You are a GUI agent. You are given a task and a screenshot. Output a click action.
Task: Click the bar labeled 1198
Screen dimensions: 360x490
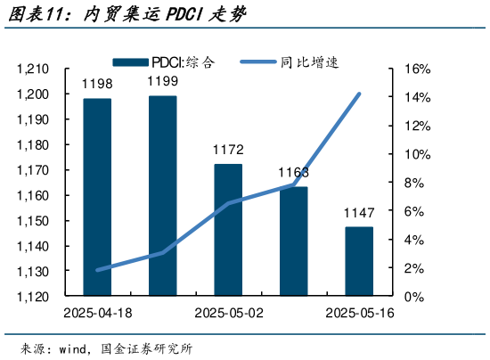[97, 196]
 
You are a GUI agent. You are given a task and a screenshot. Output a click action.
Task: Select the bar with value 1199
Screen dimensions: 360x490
[163, 195]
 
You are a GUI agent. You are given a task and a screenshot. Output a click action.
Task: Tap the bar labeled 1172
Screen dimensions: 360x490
[228, 229]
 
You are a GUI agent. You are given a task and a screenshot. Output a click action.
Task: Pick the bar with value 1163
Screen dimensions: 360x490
[294, 241]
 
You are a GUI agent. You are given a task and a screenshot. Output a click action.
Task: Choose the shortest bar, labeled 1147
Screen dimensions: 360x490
[359, 261]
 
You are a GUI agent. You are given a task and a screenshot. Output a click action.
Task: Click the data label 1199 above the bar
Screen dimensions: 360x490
[163, 83]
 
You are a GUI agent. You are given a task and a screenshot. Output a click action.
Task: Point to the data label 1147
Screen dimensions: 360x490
[360, 214]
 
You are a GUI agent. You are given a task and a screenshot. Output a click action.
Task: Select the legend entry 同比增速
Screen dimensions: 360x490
[294, 62]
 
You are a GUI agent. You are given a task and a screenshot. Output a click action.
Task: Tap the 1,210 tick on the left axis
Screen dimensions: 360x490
[33, 70]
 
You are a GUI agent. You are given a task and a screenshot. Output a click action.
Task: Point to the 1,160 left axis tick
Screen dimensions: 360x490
[33, 195]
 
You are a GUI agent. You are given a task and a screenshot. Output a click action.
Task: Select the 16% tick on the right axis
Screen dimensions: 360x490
[418, 70]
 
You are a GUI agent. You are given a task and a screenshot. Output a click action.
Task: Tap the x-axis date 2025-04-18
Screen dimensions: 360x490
[98, 314]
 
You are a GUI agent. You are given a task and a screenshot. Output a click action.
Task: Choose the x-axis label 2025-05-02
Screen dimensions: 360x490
[229, 314]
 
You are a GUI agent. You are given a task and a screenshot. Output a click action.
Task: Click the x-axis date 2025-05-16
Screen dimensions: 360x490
[360, 314]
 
